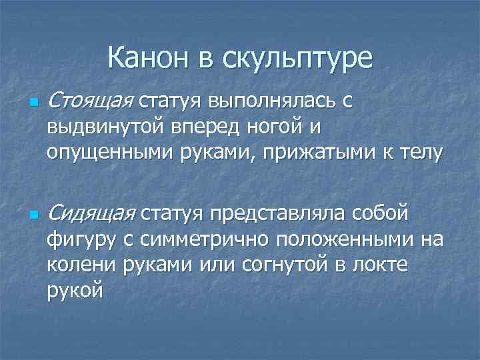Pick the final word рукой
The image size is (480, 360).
[75, 290]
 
